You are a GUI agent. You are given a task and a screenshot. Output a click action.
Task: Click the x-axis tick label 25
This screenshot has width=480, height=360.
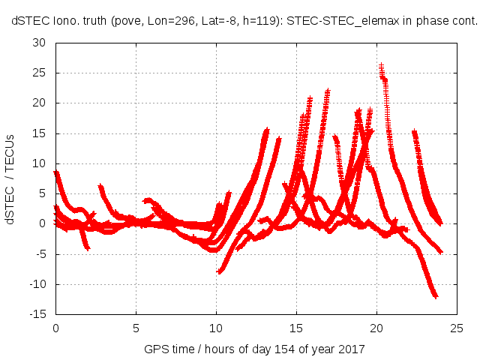pos(457,328)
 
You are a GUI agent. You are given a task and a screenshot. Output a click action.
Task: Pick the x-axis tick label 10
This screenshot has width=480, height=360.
pos(216,328)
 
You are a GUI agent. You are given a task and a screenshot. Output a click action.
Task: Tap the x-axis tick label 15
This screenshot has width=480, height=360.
pos(296,328)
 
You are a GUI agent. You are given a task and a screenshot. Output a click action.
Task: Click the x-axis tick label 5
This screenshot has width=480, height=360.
pos(136,328)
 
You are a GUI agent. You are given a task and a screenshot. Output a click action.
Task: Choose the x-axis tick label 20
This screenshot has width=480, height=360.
pos(376,328)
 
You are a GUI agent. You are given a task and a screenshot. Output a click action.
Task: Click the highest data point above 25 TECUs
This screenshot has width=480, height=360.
pos(381,66)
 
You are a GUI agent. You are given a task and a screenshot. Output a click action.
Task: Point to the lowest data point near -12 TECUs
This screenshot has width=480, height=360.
pos(435,296)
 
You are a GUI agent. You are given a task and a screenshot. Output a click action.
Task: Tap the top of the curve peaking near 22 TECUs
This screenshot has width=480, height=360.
pos(328,91)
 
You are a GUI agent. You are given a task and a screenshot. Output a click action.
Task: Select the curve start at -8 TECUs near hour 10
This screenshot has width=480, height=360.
pos(219,271)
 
